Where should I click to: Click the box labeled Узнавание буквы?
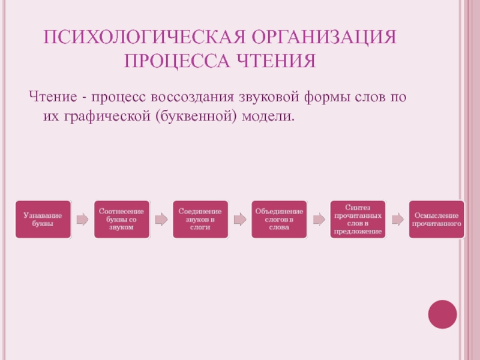click(x=43, y=219)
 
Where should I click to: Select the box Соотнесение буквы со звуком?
click(x=121, y=220)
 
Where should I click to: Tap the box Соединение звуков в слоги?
click(x=200, y=220)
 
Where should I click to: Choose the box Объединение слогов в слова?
click(x=278, y=220)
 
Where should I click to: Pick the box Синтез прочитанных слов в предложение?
click(x=357, y=219)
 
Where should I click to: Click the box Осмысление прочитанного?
click(x=436, y=219)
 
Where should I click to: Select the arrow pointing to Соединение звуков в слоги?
click(x=161, y=220)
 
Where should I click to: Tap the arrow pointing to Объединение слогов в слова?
click(x=239, y=220)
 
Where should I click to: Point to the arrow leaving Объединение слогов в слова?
click(x=318, y=220)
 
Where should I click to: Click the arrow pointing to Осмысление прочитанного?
click(x=397, y=220)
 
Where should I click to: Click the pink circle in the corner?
click(x=442, y=314)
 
